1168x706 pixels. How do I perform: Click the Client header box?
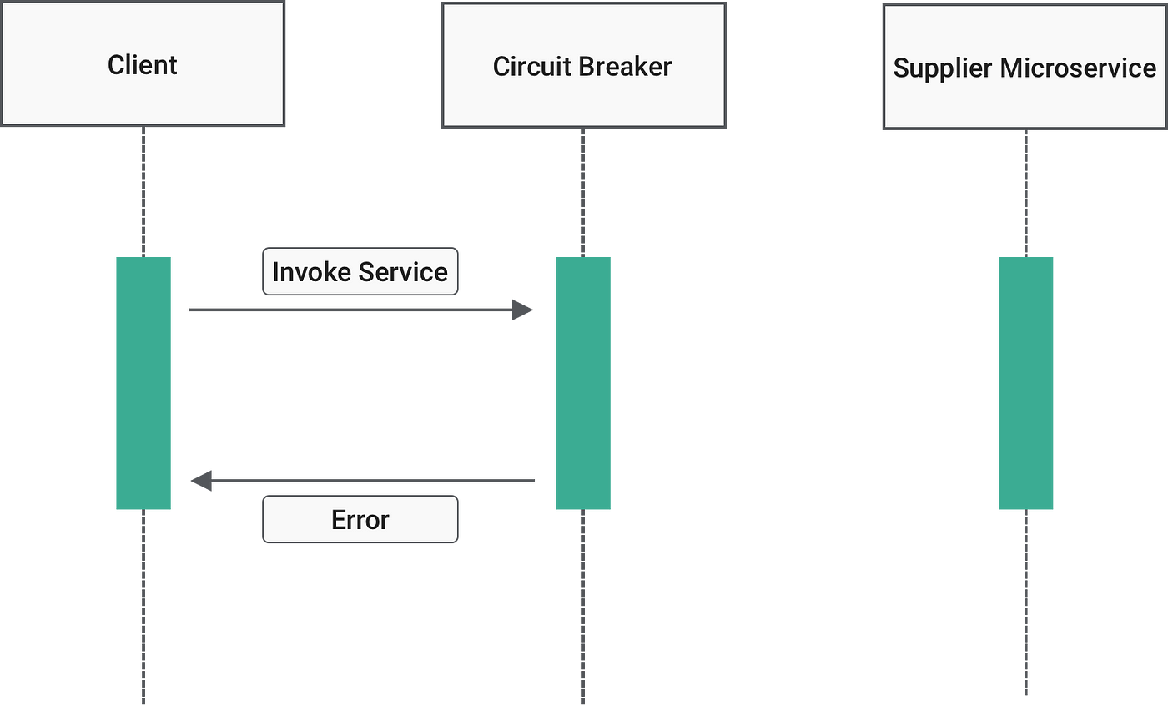point(143,65)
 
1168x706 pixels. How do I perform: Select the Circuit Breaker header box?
point(583,66)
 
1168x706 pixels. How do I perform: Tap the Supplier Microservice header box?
point(1025,67)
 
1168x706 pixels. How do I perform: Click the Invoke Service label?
point(360,271)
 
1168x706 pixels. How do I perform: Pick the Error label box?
point(360,520)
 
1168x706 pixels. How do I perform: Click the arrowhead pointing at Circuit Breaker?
point(524,310)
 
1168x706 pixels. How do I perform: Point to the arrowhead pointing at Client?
point(201,481)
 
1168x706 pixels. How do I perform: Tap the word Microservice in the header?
point(1079,68)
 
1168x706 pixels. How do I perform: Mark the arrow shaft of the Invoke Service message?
point(350,310)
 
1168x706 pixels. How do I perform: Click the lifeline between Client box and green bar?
point(143,192)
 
